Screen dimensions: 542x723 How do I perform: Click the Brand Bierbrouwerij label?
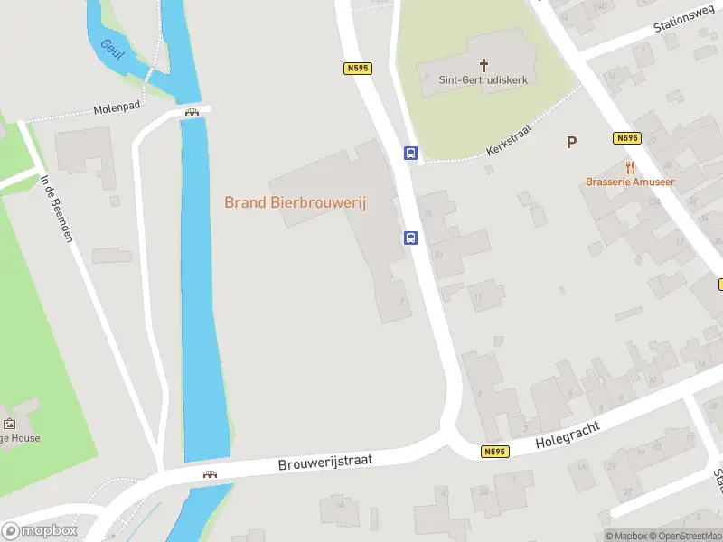click(295, 203)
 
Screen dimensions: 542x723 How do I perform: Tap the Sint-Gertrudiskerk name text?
click(483, 79)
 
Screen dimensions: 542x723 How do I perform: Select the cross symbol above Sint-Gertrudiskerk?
click(484, 64)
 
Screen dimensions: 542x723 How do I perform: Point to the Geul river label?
click(113, 47)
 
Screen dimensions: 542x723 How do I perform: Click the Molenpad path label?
click(117, 108)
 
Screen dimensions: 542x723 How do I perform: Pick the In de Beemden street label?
click(55, 208)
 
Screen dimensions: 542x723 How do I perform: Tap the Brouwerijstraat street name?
click(325, 462)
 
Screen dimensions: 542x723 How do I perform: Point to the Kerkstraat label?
click(508, 139)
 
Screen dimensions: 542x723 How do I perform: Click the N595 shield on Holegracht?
click(493, 452)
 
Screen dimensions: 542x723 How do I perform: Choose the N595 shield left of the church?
click(358, 68)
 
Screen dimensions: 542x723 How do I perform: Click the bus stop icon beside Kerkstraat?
click(410, 153)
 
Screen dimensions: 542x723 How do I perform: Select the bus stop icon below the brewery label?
click(410, 238)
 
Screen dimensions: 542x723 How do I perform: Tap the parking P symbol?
click(571, 142)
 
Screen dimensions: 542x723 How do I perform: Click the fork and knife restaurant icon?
click(630, 167)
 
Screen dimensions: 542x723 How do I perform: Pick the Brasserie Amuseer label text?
click(630, 182)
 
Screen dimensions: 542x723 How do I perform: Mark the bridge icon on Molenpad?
click(192, 112)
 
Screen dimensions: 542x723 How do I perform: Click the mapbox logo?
click(39, 531)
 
